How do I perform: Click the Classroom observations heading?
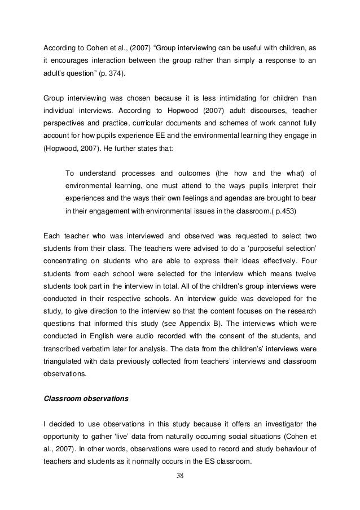(86, 398)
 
